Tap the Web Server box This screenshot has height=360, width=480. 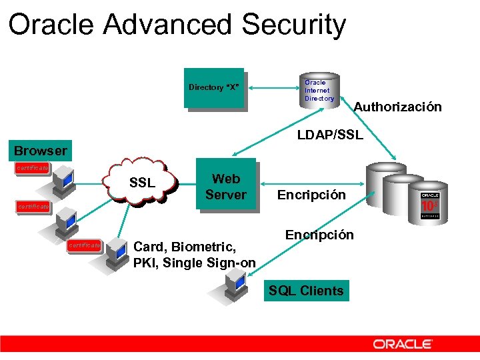click(225, 186)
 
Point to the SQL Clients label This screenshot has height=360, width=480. click(306, 291)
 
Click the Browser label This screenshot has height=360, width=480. click(41, 150)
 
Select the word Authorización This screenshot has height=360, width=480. click(397, 107)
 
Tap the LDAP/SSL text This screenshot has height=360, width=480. click(330, 135)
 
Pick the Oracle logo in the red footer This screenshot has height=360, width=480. click(403, 344)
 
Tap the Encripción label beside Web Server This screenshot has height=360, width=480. click(311, 195)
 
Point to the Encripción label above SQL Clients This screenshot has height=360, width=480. click(319, 235)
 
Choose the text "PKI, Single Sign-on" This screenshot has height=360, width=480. click(194, 263)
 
